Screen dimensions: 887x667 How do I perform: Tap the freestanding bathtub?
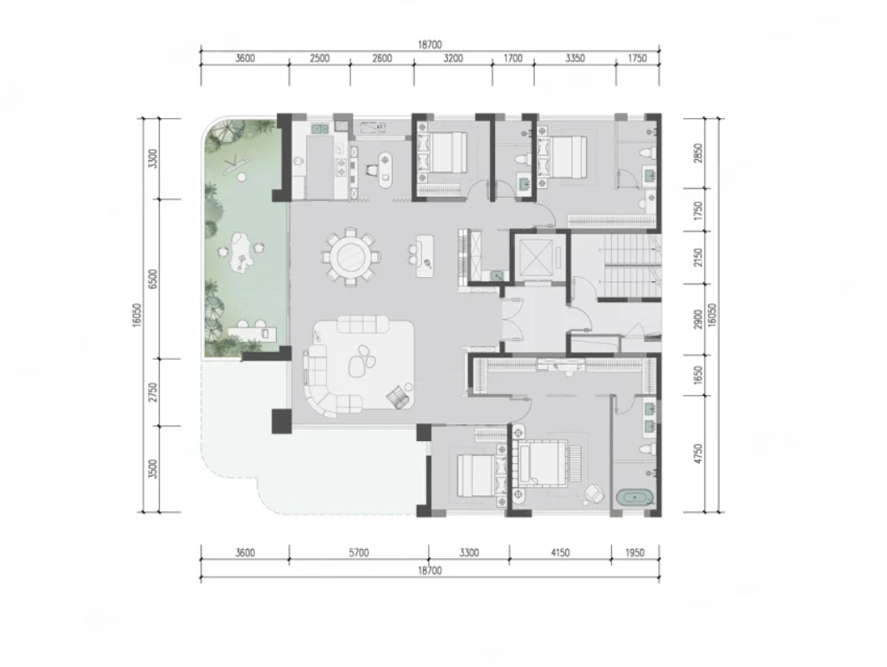[635, 498]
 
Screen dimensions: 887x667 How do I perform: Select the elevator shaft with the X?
[535, 255]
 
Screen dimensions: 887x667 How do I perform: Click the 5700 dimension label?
[359, 552]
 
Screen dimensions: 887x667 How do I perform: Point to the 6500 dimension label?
[151, 279]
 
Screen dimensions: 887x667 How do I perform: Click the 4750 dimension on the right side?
[698, 454]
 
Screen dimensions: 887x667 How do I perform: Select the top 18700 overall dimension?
[430, 44]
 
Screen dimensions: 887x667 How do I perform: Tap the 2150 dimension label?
[698, 258]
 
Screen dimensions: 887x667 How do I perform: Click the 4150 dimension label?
[560, 552]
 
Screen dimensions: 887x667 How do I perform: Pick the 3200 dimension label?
[453, 59]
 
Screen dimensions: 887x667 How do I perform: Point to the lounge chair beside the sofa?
[400, 396]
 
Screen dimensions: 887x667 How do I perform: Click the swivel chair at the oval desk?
[372, 168]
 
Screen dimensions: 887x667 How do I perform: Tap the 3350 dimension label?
[574, 59]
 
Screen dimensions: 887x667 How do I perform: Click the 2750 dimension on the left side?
[151, 393]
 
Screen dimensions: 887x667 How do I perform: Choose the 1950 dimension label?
[635, 552]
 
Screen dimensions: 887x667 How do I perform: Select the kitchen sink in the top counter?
[319, 129]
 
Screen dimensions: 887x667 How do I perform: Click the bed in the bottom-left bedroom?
[477, 475]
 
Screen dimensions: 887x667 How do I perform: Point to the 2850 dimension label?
[698, 153]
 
